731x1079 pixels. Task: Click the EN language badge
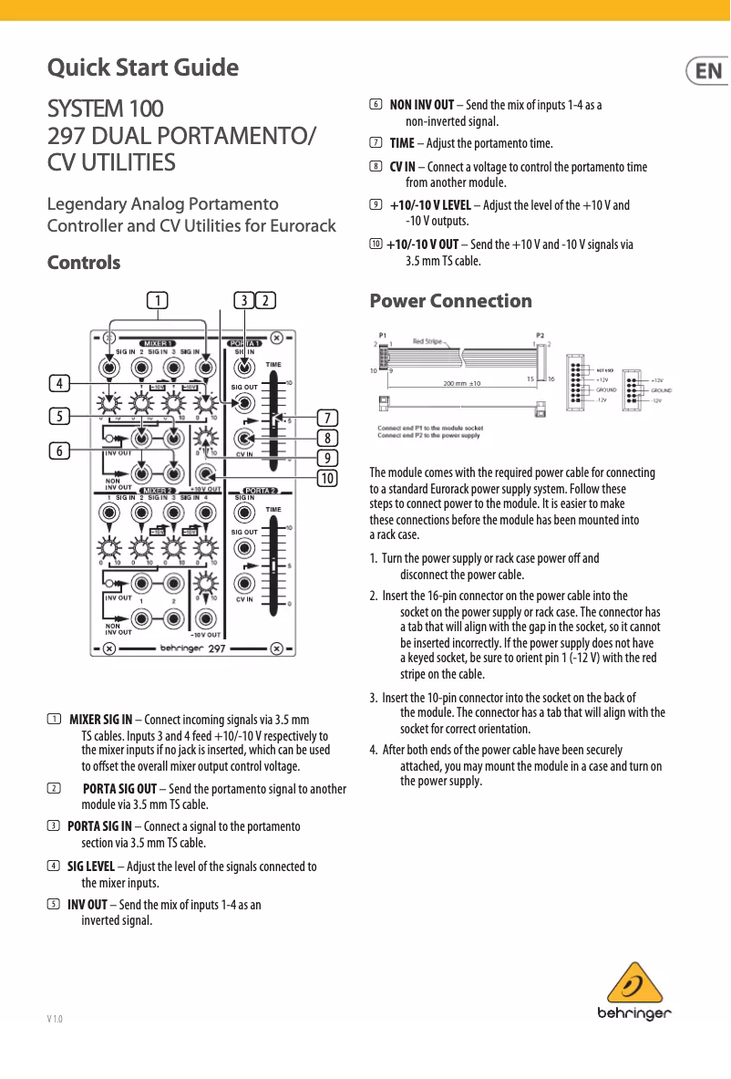707,71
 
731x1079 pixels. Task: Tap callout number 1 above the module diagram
158,300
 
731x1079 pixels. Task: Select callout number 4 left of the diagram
58,384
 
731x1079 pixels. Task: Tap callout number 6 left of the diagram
58,451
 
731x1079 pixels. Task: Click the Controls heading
84,263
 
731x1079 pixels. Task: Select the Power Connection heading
450,301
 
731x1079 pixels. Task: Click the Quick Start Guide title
143,68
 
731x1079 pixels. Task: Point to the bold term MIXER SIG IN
101,719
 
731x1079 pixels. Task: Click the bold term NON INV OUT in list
421,105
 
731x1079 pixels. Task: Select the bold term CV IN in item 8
402,167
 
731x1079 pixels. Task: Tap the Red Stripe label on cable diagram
427,341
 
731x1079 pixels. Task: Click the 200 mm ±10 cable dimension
462,384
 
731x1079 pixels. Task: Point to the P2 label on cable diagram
541,335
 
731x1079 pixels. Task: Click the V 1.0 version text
56,1017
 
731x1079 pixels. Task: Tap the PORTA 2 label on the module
259,492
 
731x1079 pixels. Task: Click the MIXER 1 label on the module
157,343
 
